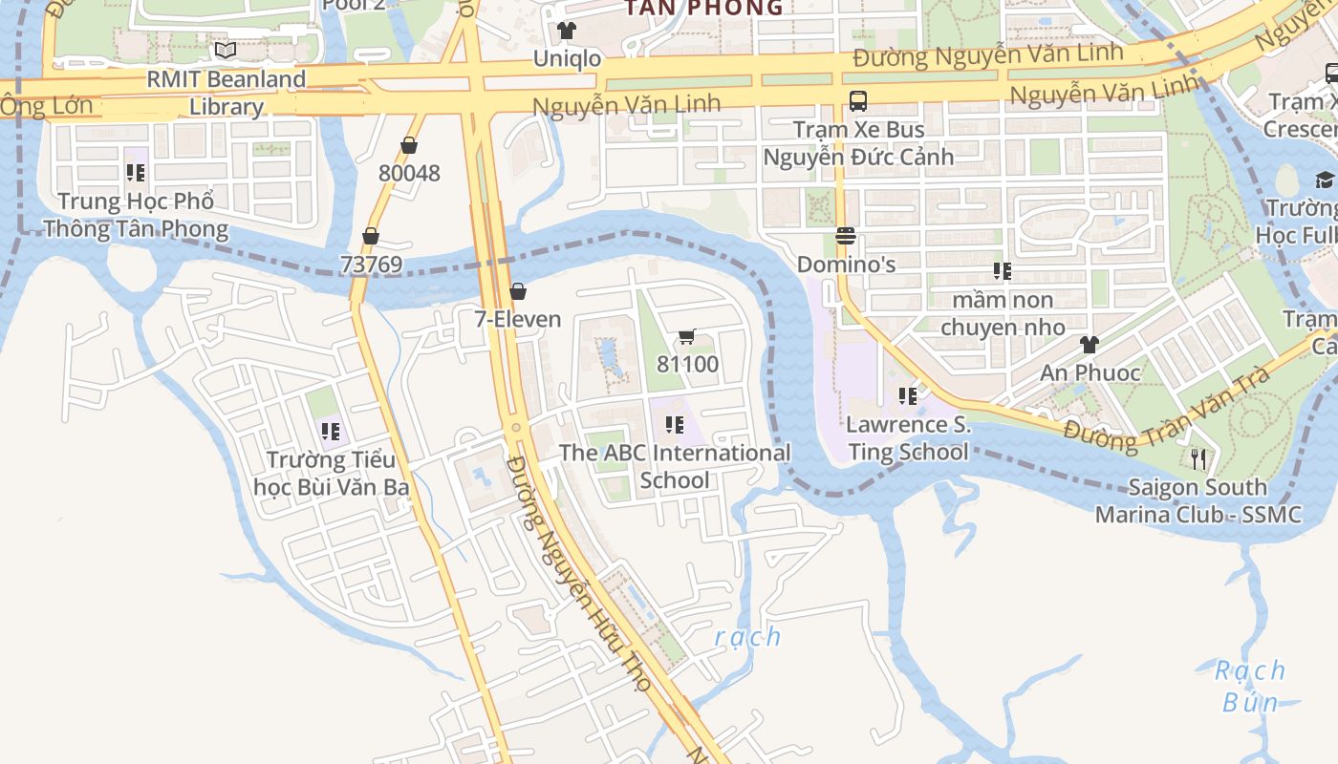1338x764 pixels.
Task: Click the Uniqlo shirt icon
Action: (567, 31)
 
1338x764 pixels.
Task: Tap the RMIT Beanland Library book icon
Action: (226, 50)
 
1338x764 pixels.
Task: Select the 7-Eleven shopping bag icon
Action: (518, 291)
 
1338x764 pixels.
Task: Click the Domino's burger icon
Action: (845, 236)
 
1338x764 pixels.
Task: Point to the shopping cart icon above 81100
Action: (686, 336)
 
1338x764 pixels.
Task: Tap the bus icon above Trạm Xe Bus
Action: (858, 100)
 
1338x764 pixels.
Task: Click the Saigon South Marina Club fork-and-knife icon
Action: (1198, 459)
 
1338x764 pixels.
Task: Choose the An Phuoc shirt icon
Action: (1089, 345)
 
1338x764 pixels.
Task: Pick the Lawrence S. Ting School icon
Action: (908, 395)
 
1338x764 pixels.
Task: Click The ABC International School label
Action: (675, 466)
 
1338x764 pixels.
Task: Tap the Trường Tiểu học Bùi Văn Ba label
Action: (332, 473)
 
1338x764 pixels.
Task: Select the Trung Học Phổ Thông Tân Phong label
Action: (136, 215)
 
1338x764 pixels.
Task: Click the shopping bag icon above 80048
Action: (409, 145)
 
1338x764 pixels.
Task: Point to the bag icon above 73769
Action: (371, 236)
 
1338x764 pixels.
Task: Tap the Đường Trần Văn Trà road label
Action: (1167, 408)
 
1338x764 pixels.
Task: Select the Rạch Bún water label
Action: (1250, 686)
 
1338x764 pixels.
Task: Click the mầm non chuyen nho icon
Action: (1002, 271)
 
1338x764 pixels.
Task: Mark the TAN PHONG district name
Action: (703, 8)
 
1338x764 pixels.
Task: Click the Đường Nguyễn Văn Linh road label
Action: (988, 54)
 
